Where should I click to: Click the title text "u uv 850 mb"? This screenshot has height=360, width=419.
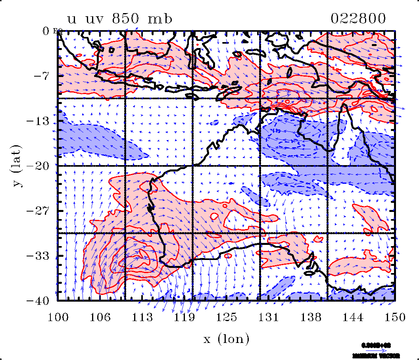pyautogui.click(x=120, y=19)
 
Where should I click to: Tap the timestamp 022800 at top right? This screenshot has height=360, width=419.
pyautogui.click(x=358, y=19)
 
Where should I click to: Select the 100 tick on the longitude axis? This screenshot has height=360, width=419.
pyautogui.click(x=58, y=317)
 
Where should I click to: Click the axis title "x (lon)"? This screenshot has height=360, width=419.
pyautogui.click(x=227, y=339)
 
